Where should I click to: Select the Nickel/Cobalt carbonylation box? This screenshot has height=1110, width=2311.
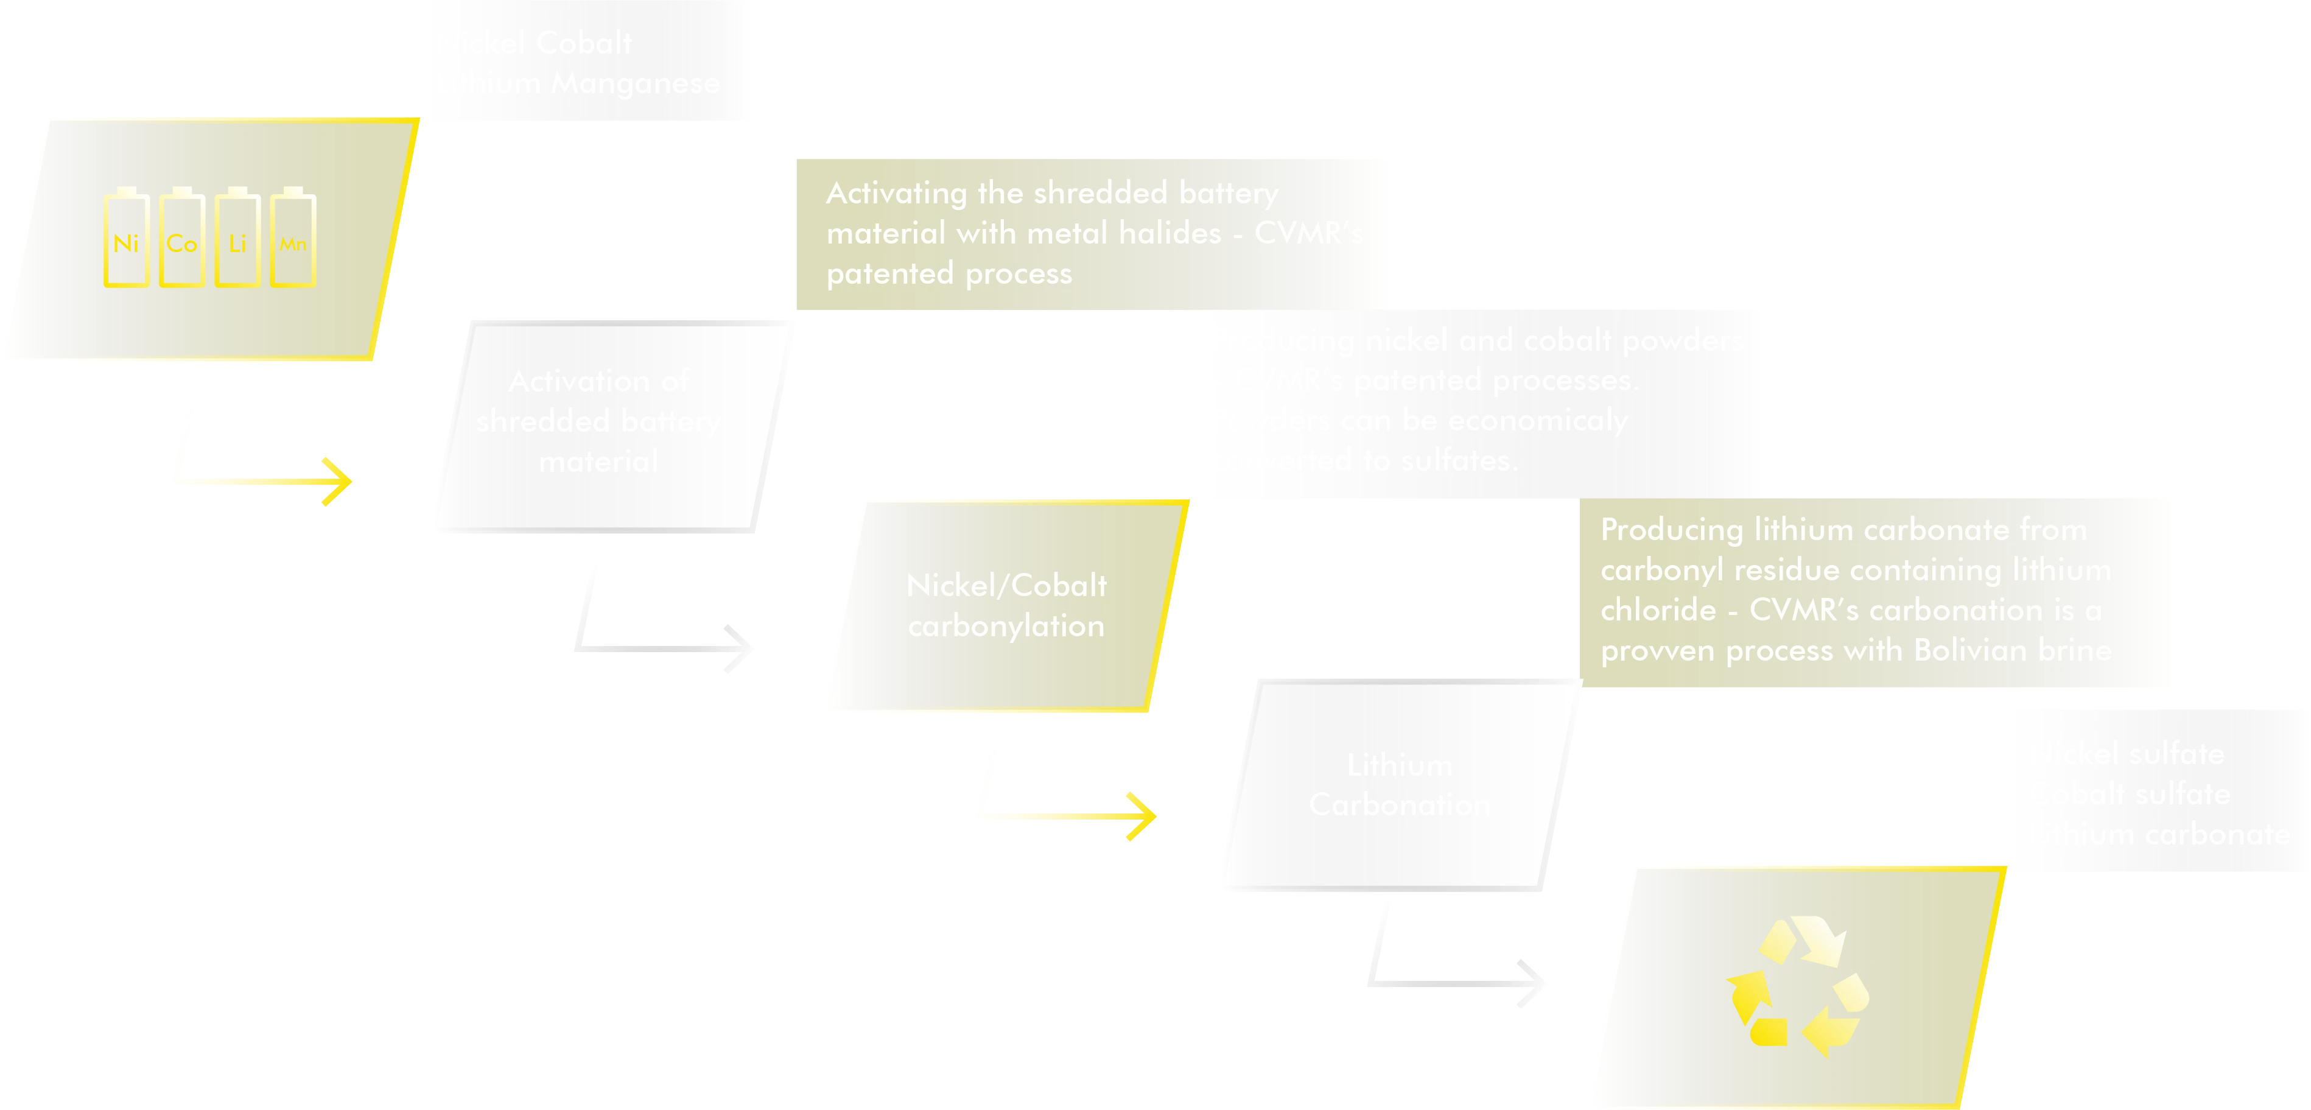1006,606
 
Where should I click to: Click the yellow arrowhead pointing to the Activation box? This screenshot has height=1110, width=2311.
337,482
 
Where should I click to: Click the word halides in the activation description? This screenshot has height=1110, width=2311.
1170,233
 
